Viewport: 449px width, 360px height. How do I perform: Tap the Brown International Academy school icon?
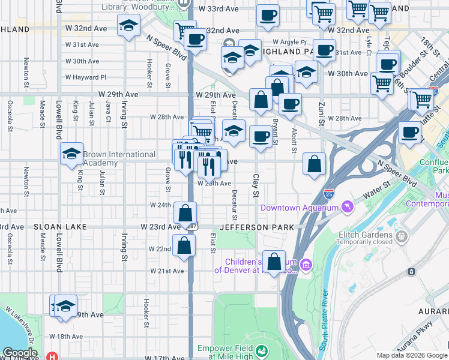click(x=71, y=155)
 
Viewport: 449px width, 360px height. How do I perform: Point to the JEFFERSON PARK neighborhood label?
click(x=257, y=227)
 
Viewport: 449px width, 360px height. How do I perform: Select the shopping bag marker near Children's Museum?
click(x=274, y=262)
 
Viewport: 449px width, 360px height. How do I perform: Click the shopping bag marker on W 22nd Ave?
click(x=184, y=245)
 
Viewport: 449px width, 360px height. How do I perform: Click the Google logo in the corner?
click(x=19, y=353)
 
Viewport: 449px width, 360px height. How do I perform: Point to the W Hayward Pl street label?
click(x=86, y=77)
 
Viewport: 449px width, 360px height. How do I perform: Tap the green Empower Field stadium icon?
click(x=261, y=350)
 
